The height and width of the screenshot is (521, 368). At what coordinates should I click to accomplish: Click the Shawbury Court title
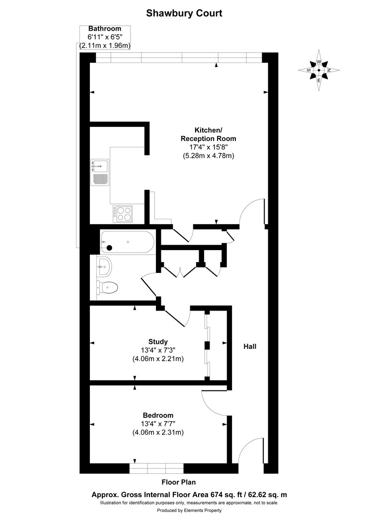pyautogui.click(x=184, y=14)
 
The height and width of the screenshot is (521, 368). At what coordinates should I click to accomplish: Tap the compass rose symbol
pyautogui.click(x=319, y=70)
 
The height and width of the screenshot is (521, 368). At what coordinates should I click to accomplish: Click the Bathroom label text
pyautogui.click(x=105, y=29)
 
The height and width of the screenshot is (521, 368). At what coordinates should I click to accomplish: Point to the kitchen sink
pyautogui.click(x=100, y=172)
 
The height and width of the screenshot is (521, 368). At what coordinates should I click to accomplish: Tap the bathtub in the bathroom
pyautogui.click(x=127, y=242)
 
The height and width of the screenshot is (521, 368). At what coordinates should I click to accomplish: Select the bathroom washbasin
pyautogui.click(x=104, y=267)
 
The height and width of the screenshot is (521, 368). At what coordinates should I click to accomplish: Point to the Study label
pyautogui.click(x=158, y=341)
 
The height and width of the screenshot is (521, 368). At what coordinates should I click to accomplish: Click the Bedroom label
pyautogui.click(x=158, y=415)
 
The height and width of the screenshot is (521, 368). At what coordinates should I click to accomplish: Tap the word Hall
pyautogui.click(x=250, y=346)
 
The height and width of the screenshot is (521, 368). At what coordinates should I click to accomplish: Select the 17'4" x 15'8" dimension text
pyautogui.click(x=208, y=147)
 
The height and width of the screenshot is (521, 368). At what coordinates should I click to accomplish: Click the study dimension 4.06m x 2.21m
pyautogui.click(x=158, y=358)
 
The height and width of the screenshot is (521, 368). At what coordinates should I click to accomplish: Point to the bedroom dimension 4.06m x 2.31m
pyautogui.click(x=158, y=432)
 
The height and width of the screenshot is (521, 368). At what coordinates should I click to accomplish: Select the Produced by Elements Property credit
pyautogui.click(x=189, y=510)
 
